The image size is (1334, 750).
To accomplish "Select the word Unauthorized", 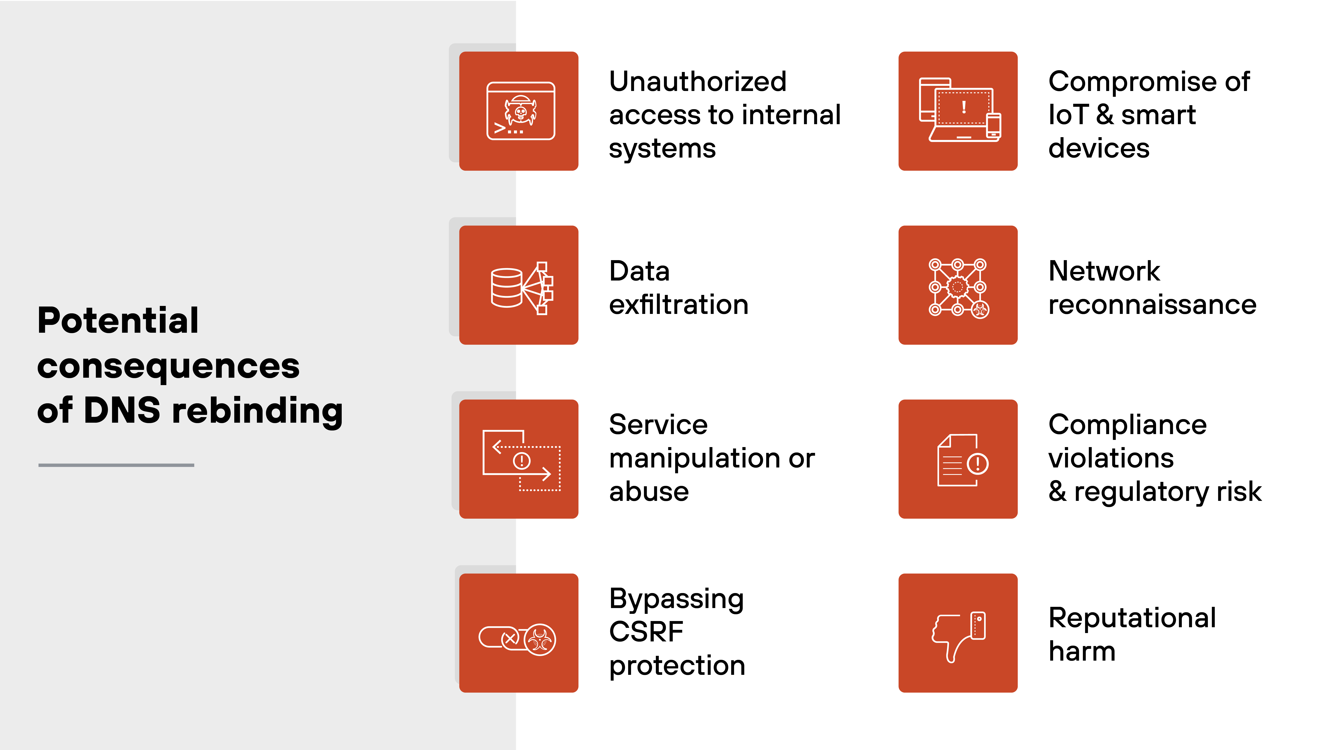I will [698, 82].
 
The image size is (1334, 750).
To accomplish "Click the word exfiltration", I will [678, 304].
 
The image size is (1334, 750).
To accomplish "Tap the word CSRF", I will [646, 631].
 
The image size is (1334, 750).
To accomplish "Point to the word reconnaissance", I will [1152, 304].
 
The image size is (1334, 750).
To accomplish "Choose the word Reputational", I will [1132, 617].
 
